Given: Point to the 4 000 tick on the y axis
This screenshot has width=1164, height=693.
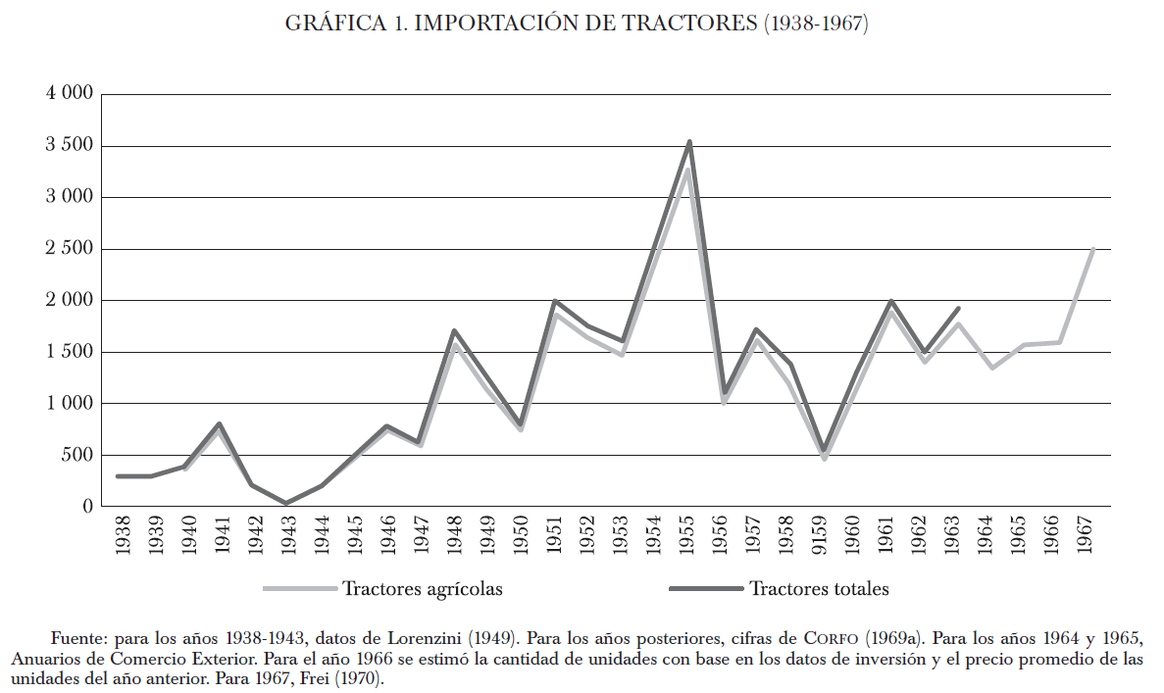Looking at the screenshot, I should (69, 94).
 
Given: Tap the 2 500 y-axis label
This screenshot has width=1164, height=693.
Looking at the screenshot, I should (69, 249).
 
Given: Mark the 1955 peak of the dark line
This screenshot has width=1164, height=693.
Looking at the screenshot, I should (690, 142).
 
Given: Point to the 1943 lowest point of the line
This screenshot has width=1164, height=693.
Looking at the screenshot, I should (286, 503).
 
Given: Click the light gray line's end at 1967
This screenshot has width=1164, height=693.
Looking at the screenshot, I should (1092, 249).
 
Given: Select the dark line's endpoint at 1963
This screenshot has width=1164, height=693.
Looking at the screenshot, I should (958, 309).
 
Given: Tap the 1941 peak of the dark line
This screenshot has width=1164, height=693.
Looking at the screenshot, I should (219, 424).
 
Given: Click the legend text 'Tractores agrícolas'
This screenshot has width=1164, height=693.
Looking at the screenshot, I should (423, 589).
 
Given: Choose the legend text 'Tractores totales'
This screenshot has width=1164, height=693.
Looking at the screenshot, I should (819, 589).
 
